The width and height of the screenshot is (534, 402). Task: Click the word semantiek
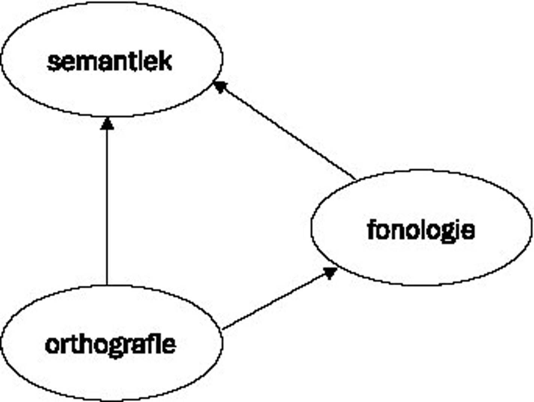pyautogui.click(x=109, y=62)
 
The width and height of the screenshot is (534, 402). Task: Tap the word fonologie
pyautogui.click(x=421, y=230)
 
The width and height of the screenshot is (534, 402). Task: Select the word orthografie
pyautogui.click(x=110, y=345)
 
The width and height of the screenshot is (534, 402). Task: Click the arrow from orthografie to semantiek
pyautogui.click(x=107, y=203)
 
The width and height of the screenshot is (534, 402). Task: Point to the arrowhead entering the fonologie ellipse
pyautogui.click(x=329, y=272)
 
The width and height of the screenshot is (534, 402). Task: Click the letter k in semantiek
pyautogui.click(x=165, y=62)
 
